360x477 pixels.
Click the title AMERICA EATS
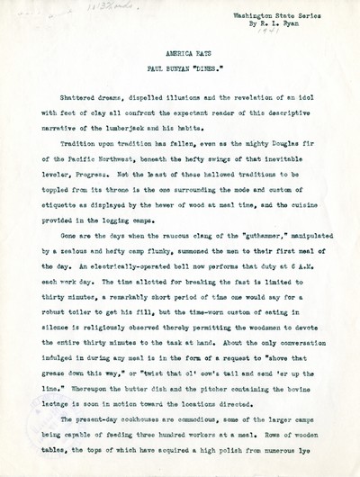180,54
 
